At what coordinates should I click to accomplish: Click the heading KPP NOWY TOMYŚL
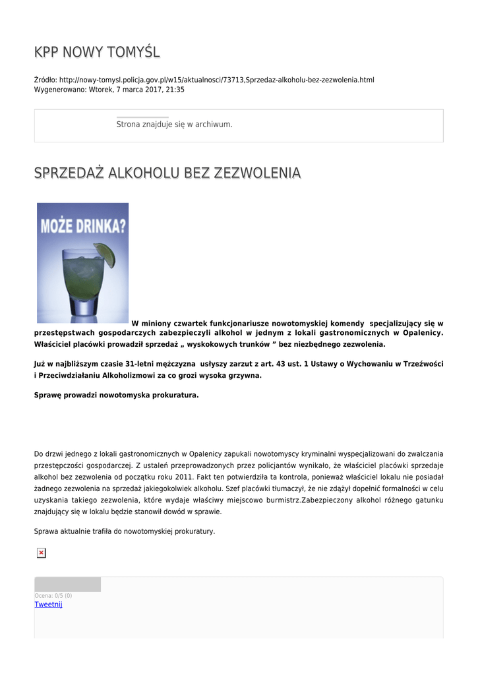click(x=97, y=52)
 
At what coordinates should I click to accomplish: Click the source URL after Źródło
click(x=216, y=80)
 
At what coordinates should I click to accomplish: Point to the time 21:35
click(x=175, y=90)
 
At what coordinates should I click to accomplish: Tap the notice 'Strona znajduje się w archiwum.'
click(x=174, y=124)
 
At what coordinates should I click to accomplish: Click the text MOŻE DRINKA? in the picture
click(x=83, y=225)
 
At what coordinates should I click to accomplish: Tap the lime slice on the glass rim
click(x=105, y=254)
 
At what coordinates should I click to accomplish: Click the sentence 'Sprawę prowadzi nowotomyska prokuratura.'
click(x=116, y=396)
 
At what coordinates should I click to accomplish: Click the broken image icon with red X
click(x=41, y=553)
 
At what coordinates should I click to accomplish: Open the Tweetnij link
click(x=48, y=604)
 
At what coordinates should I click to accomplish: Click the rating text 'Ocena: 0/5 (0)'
click(x=53, y=596)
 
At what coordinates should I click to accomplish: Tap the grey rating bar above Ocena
click(x=67, y=585)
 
